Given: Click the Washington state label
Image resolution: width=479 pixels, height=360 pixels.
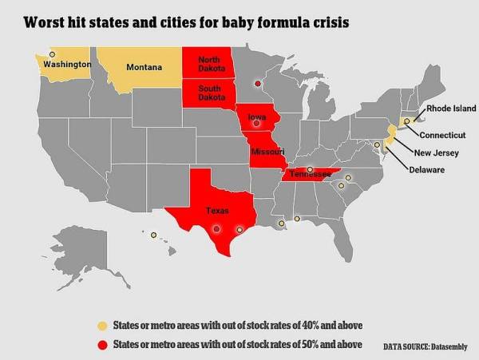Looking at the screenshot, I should point(67,64).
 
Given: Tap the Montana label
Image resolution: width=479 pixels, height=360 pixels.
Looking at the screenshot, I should point(144,66).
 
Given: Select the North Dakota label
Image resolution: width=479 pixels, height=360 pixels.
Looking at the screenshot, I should point(211,65).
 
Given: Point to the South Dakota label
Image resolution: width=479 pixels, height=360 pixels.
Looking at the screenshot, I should point(211,93).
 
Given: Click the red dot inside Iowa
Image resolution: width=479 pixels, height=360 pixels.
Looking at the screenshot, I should point(257,125).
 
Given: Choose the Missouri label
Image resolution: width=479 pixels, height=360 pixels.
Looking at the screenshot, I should point(267,152).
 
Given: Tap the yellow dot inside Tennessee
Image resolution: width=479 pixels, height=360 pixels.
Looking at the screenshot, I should point(310,170).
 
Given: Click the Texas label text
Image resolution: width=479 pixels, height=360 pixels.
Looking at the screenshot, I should point(217,211).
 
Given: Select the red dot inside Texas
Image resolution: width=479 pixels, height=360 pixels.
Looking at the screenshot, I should point(216,228).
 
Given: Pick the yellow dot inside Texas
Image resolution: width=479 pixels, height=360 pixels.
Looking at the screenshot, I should point(239,230).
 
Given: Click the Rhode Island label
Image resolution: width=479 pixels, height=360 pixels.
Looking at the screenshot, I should point(451,108).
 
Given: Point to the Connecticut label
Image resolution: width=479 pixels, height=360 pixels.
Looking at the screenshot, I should point(442,135).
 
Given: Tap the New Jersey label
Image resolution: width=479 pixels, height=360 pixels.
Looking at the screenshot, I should point(437,152).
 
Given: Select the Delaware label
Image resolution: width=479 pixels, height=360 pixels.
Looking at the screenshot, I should point(427,170).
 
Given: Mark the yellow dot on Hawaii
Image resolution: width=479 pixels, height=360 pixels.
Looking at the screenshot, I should point(153,235).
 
